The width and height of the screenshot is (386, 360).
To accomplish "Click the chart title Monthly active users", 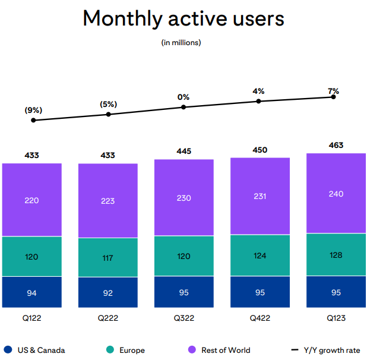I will click(x=183, y=18).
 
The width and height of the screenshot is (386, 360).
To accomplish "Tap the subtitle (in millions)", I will click(x=181, y=42).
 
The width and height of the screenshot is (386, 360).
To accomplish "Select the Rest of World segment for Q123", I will click(x=336, y=194).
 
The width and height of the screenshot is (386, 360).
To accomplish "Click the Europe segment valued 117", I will click(x=108, y=258).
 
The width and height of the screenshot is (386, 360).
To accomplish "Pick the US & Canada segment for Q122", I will click(x=32, y=292).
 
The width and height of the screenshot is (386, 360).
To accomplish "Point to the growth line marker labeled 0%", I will click(x=183, y=107).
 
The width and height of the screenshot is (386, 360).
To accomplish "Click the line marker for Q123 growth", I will click(x=333, y=97).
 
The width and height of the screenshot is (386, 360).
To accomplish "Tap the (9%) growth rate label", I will click(x=33, y=110).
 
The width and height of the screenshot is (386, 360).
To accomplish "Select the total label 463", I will click(x=336, y=145).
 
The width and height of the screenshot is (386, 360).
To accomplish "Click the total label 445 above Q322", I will click(x=183, y=151).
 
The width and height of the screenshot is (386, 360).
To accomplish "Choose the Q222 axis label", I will click(x=108, y=318).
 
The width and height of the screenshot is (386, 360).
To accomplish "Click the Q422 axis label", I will click(x=260, y=318).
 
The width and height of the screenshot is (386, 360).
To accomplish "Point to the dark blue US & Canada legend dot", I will click(x=8, y=350).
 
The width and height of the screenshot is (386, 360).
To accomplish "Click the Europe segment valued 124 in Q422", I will click(x=260, y=256).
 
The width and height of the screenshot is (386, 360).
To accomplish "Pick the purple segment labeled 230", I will click(x=183, y=198).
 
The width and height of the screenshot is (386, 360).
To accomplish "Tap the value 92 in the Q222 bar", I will click(x=108, y=292).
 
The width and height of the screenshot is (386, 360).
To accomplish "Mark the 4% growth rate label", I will click(x=258, y=91).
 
